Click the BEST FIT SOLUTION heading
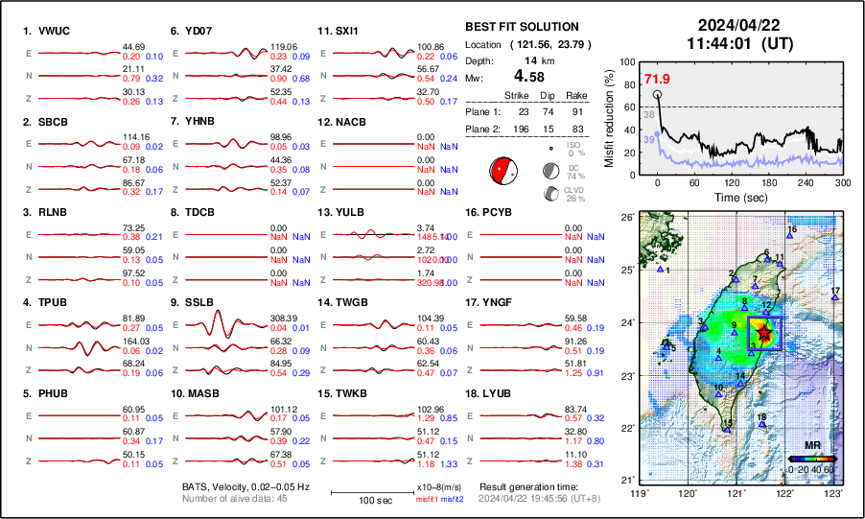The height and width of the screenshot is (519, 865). pyautogui.click(x=522, y=27)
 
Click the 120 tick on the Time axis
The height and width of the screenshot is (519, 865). pyautogui.click(x=732, y=182)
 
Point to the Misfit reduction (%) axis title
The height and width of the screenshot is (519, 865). pyautogui.click(x=609, y=116)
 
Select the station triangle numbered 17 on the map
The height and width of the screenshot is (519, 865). pyautogui.click(x=835, y=297)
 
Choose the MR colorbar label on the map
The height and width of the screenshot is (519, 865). pyautogui.click(x=811, y=446)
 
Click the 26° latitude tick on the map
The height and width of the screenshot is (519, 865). pyautogui.click(x=626, y=218)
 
